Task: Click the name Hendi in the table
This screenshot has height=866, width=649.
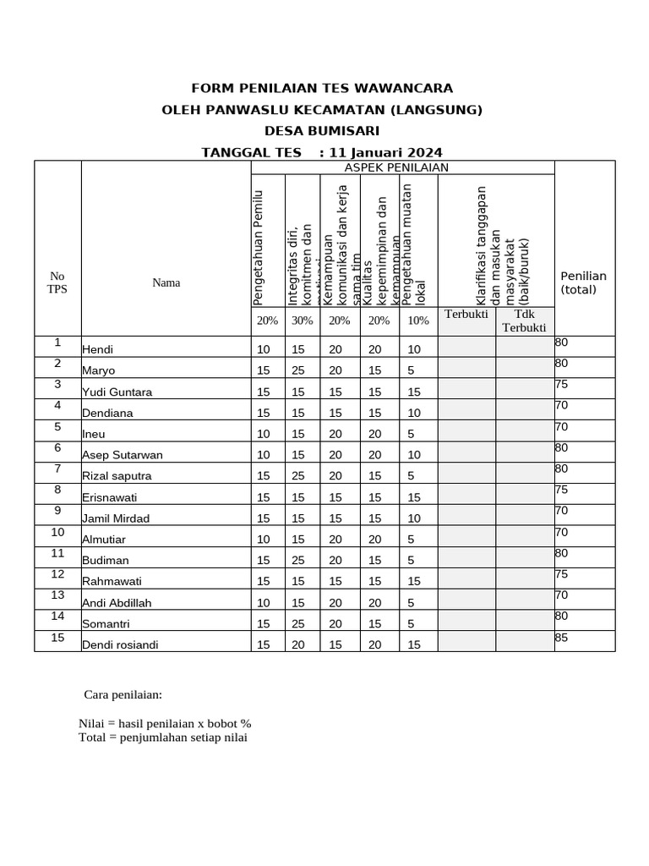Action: pos(97,349)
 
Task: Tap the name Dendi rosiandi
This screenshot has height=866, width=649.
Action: pos(120,644)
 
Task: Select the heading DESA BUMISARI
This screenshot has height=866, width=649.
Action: pos(322,131)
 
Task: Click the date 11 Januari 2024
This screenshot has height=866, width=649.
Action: pos(385,153)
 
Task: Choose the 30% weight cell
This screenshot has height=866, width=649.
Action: pos(302,321)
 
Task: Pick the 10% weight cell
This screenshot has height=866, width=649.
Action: pos(418,321)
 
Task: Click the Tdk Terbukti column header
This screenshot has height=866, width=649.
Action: pos(524,321)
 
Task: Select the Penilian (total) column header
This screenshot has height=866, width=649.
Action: pos(583,282)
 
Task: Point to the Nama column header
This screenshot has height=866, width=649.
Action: pos(166,282)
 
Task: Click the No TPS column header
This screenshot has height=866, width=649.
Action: pos(57,282)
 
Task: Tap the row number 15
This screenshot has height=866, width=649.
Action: pos(57,638)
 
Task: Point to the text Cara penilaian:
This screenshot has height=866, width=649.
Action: pos(123,695)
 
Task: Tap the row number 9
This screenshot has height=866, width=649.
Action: pos(57,511)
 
